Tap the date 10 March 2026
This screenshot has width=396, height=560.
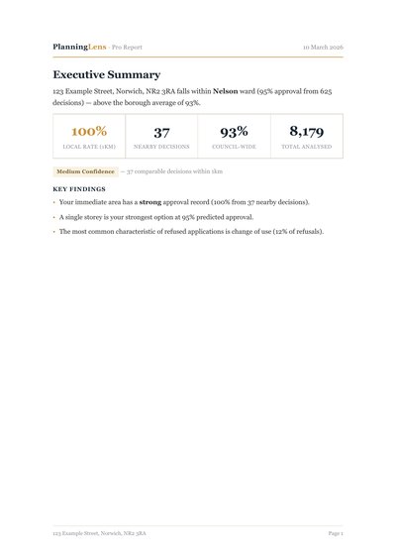pos(323,47)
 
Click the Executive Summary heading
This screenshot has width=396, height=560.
pos(107,74)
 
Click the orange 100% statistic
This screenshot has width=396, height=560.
pos(89,131)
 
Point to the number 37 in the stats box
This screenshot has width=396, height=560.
pos(161,131)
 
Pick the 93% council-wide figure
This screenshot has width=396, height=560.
pos(234,131)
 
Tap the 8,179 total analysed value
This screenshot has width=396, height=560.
pos(306,131)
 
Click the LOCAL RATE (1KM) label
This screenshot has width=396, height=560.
pos(89,147)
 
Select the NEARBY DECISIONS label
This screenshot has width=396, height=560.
pos(161,147)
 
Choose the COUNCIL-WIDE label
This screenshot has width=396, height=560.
pos(234,147)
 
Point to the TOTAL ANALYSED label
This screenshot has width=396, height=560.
pos(306,147)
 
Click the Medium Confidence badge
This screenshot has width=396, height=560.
pos(85,171)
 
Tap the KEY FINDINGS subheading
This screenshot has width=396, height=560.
pos(79,188)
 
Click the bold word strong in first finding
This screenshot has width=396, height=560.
pos(150,202)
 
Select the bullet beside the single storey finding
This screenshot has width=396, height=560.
pos(54,217)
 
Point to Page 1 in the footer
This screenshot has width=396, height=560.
pos(336,533)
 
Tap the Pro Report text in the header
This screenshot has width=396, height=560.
pos(127,47)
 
